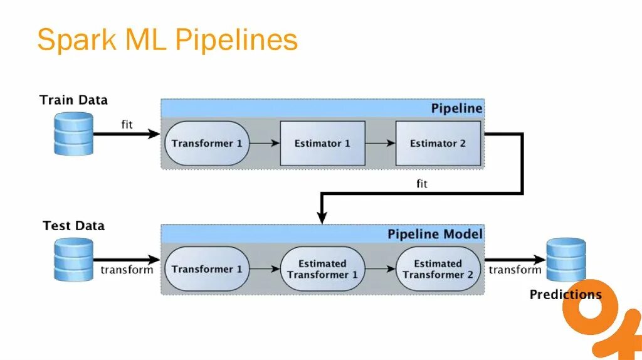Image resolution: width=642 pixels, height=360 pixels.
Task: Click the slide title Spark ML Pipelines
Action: (167, 41)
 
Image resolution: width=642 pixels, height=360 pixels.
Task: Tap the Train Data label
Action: (73, 100)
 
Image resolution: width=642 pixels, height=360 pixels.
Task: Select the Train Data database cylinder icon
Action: (73, 134)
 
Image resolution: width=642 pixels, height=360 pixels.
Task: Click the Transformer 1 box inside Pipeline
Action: (207, 143)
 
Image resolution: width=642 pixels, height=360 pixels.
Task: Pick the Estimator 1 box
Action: (322, 143)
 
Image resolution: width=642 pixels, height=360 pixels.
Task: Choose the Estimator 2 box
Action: (438, 143)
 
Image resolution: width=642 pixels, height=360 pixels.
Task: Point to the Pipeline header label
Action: (456, 109)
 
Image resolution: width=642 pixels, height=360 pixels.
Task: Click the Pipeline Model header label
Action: (434, 235)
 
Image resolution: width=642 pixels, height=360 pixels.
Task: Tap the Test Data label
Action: (73, 226)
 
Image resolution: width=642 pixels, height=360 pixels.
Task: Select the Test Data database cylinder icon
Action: (73, 259)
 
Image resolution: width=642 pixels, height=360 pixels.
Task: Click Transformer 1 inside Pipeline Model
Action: (207, 269)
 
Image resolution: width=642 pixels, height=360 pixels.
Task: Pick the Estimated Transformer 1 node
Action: (322, 269)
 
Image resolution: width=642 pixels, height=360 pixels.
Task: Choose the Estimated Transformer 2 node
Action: (438, 269)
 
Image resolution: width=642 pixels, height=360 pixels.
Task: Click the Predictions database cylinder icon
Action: (566, 260)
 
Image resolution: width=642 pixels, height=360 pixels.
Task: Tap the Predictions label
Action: (566, 295)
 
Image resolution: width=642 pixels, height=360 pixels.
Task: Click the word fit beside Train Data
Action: (127, 124)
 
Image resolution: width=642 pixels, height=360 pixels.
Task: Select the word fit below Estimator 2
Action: (422, 184)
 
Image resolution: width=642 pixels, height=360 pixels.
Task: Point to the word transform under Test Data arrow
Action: (127, 270)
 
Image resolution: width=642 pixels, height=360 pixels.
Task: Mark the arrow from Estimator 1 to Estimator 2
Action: (380, 143)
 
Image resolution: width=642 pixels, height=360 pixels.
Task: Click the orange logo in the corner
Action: (602, 320)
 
